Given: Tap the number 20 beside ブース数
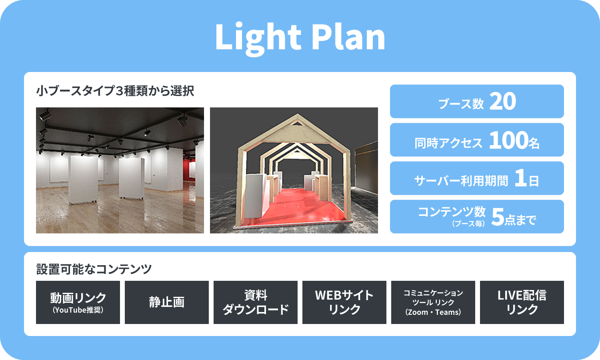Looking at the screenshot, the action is point(502,101).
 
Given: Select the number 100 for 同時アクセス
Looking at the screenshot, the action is point(508,140).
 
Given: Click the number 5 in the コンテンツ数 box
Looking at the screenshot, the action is point(498,217).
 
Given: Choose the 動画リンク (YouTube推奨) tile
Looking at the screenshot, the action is point(78,302).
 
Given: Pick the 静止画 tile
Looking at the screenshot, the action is point(167,302).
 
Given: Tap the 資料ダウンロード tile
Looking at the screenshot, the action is point(256,302).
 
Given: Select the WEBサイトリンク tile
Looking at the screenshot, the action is point(344,302).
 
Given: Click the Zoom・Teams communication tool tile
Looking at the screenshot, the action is point(433,302).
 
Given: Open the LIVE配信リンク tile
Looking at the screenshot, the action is point(522,302).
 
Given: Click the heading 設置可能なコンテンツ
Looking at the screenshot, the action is point(94,269).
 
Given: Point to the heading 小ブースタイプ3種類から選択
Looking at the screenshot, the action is point(115,90).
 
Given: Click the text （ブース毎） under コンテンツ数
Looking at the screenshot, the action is point(468,224).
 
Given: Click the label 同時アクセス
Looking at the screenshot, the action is point(448,143).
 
